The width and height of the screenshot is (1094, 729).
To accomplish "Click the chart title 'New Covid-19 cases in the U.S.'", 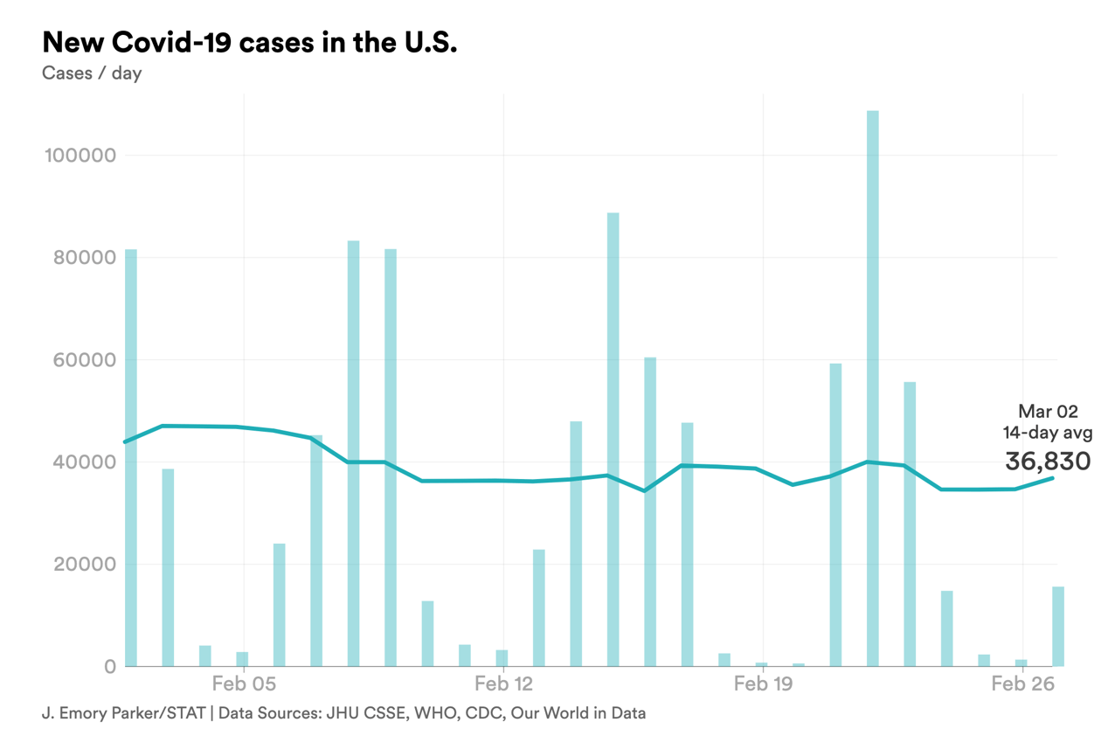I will click(x=249, y=42).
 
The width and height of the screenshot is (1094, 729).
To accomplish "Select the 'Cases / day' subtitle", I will click(x=92, y=73).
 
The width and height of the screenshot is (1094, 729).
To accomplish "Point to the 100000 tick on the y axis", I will click(x=80, y=156).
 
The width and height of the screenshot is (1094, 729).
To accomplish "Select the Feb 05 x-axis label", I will click(x=244, y=684).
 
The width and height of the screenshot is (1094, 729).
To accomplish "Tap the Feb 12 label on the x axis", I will click(x=504, y=684).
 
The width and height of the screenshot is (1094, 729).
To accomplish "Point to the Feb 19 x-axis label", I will click(x=764, y=684).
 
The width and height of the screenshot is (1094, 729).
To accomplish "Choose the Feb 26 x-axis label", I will click(x=1023, y=684).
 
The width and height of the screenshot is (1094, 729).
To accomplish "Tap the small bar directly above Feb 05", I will click(x=242, y=659).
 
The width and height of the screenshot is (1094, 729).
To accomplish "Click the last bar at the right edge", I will click(x=1057, y=626).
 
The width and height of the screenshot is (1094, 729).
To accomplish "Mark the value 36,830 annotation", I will click(x=1048, y=461).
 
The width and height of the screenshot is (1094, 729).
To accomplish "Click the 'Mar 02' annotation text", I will click(x=1048, y=412).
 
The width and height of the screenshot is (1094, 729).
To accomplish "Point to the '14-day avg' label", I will click(x=1047, y=432).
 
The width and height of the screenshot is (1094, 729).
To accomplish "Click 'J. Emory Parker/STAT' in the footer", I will click(x=123, y=712).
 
